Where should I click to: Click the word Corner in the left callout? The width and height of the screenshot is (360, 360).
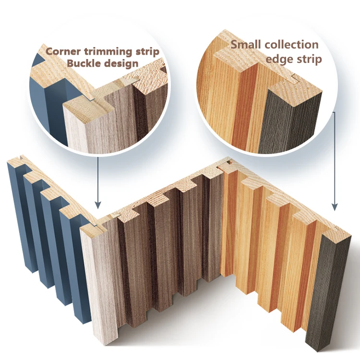63,51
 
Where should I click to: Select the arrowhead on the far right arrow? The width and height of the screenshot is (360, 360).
335,207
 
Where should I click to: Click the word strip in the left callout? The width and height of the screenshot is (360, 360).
158,51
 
